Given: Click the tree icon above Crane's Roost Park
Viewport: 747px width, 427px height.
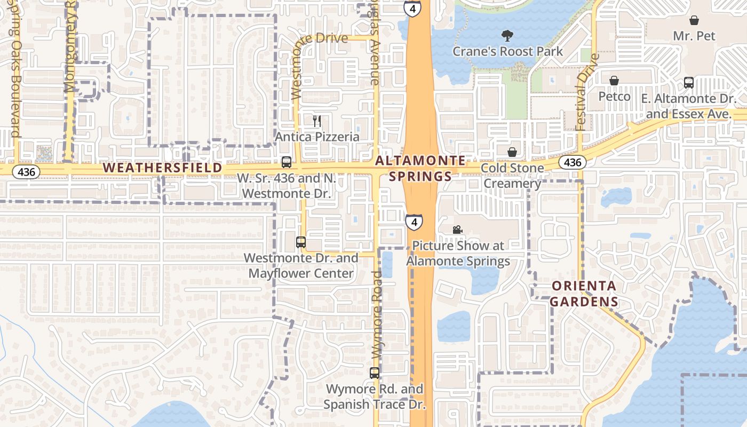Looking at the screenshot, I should (x=507, y=36).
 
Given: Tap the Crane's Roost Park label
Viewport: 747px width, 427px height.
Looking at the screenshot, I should (x=507, y=51).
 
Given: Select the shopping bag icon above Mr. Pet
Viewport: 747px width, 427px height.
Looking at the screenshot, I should (x=694, y=20).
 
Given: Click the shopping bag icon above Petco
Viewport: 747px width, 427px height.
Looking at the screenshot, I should (x=614, y=81).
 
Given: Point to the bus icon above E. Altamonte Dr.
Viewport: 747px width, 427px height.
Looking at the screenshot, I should (x=689, y=83).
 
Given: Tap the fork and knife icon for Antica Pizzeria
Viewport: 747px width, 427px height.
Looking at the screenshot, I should (x=317, y=121).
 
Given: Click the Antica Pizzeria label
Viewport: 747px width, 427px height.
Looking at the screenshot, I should (x=317, y=137).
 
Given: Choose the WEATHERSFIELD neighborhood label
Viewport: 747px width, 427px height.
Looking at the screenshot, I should (x=162, y=168).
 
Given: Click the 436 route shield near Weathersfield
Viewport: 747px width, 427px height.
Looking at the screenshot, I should (x=26, y=172).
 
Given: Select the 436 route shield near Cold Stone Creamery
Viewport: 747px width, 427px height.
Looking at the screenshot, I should (x=572, y=162).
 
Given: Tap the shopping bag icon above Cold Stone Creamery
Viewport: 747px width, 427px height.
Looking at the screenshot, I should (x=512, y=152).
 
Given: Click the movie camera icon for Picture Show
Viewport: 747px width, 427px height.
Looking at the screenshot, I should (x=457, y=230).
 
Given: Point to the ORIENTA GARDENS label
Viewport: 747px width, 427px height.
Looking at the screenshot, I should (x=584, y=294).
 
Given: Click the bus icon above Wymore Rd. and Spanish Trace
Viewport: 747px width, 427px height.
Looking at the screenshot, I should (x=375, y=373).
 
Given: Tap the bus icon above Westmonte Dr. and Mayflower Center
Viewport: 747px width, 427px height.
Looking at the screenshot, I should (x=301, y=242).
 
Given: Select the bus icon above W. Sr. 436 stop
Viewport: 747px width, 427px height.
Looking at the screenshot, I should (x=287, y=162).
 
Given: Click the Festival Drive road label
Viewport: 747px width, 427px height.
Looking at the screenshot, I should (x=582, y=92).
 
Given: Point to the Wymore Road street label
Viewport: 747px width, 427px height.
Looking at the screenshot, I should (x=377, y=315).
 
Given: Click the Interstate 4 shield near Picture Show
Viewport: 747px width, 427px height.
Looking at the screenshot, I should (x=414, y=222).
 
